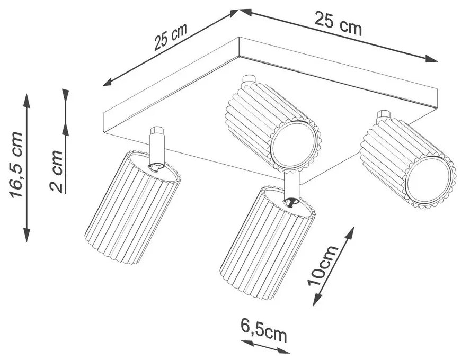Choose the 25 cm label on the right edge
[x=338, y=23]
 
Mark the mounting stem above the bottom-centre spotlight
[x=291, y=183]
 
